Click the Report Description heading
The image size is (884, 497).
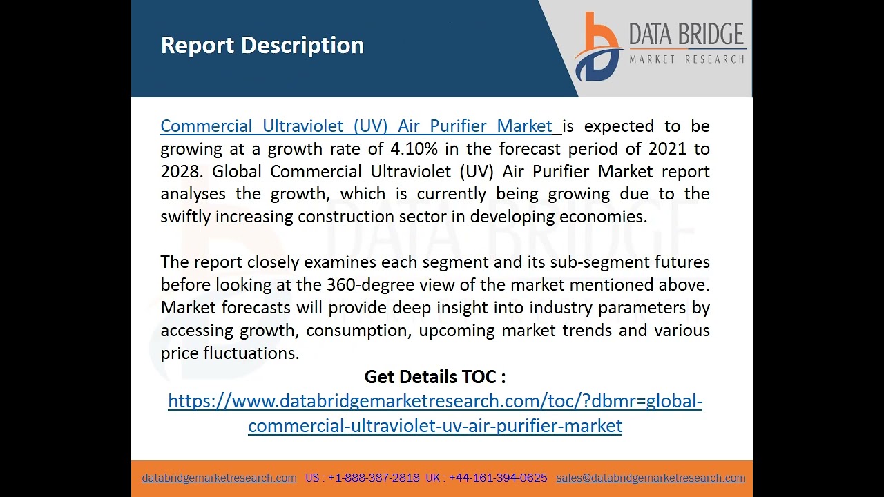click(x=262, y=46)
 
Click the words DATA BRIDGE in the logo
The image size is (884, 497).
click(x=686, y=35)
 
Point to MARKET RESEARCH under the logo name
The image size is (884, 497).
click(x=686, y=59)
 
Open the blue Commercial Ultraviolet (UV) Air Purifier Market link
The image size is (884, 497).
click(x=359, y=126)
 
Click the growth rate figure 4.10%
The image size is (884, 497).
click(x=414, y=149)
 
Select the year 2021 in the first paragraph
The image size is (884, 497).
click(x=667, y=149)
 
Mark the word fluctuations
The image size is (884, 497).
click(x=251, y=353)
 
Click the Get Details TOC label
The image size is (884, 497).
click(x=434, y=377)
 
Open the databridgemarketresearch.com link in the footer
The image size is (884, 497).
click(x=219, y=478)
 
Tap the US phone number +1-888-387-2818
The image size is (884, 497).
click(x=374, y=478)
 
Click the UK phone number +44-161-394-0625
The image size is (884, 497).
click(x=498, y=478)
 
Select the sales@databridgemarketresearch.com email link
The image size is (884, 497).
click(x=651, y=478)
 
